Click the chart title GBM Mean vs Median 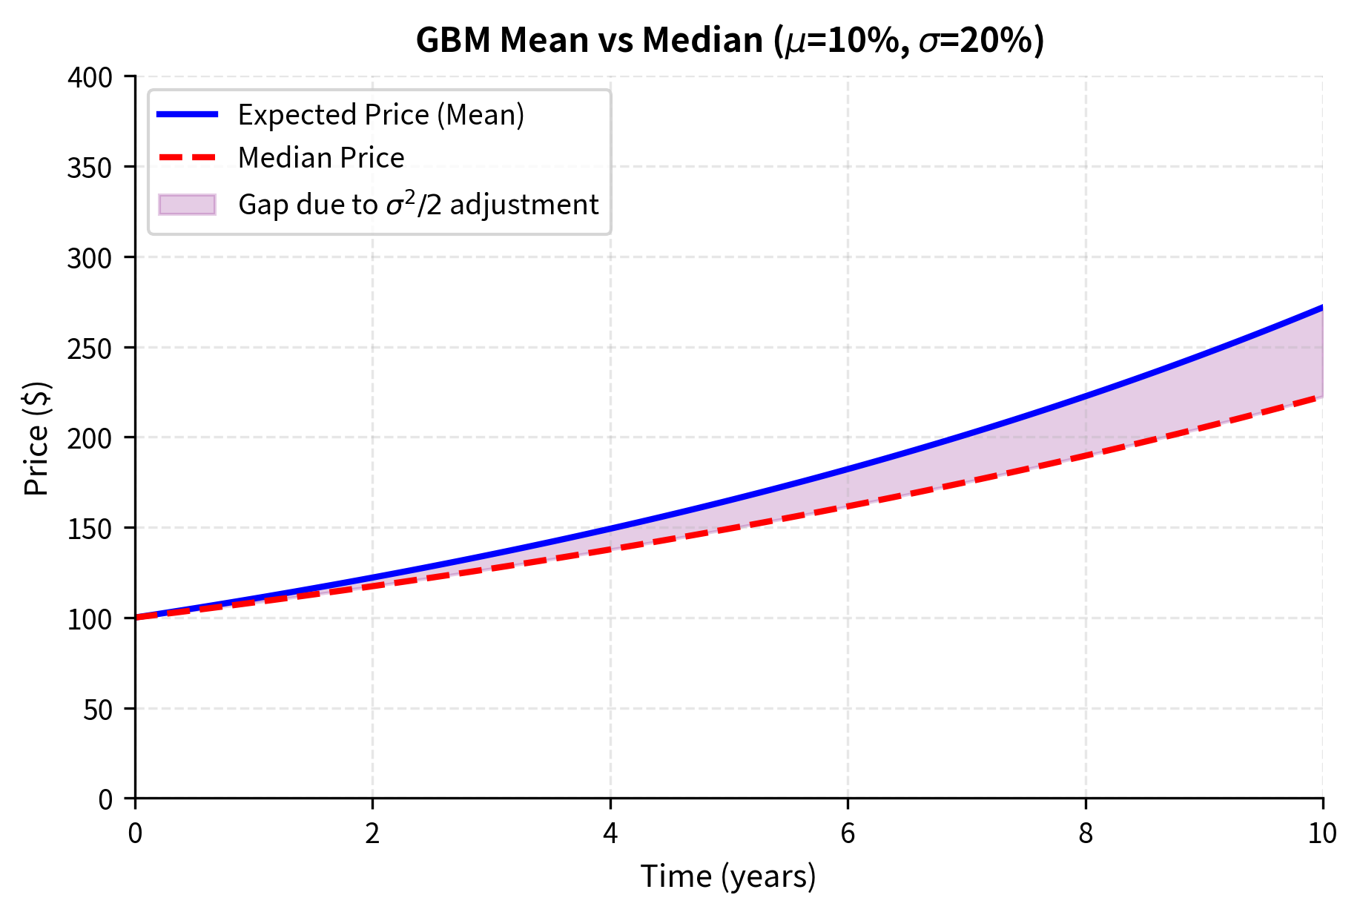pos(730,40)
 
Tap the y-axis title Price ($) pos(36,438)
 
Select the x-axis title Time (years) pos(728,876)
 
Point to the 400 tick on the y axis pos(90,77)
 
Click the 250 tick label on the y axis pos(90,349)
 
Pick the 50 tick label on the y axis pos(97,710)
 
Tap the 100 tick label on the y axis pos(90,619)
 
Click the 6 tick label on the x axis pos(848,833)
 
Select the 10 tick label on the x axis pos(1322,833)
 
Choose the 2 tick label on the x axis pos(372,833)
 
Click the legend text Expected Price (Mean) pos(381,115)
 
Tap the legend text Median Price pos(321,158)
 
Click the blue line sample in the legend pos(188,114)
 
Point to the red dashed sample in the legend pos(188,158)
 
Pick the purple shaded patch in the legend pos(188,205)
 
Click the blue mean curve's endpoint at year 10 pos(1321,307)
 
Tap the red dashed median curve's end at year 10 pos(1321,397)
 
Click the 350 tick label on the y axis pos(90,168)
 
